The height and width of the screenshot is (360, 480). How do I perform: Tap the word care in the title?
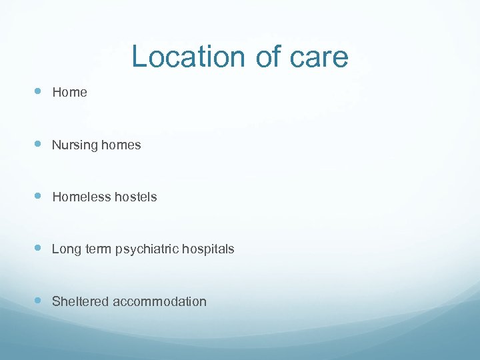click(x=318, y=58)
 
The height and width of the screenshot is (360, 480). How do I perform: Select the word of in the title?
click(x=268, y=57)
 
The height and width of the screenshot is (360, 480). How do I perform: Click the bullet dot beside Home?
click(x=38, y=92)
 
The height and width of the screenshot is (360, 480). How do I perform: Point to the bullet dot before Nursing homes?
click(x=38, y=144)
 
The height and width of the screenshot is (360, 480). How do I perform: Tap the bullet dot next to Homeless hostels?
click(x=38, y=196)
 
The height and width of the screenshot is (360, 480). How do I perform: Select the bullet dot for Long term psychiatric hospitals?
click(x=38, y=248)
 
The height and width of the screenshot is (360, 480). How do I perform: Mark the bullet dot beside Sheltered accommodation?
click(x=38, y=301)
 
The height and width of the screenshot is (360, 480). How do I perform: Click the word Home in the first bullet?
click(x=69, y=93)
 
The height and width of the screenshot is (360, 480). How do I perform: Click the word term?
click(x=98, y=249)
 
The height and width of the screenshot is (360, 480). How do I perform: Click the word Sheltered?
click(x=81, y=301)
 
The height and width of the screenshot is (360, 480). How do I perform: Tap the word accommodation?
click(x=160, y=301)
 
